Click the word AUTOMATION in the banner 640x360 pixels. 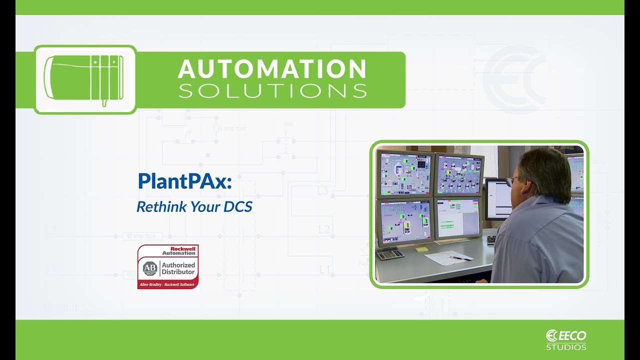(x=272, y=69)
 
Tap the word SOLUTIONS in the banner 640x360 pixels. (x=272, y=91)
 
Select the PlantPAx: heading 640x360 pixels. (x=184, y=181)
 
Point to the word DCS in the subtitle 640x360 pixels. (x=238, y=206)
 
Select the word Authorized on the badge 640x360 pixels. (x=178, y=265)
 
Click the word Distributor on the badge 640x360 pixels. (x=178, y=272)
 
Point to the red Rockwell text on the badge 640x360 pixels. (x=182, y=248)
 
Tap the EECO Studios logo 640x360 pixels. (x=566, y=339)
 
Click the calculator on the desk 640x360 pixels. (x=389, y=253)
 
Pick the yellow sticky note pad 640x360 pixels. (x=422, y=248)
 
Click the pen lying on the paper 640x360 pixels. (x=459, y=258)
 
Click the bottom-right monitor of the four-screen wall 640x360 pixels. (x=458, y=218)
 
